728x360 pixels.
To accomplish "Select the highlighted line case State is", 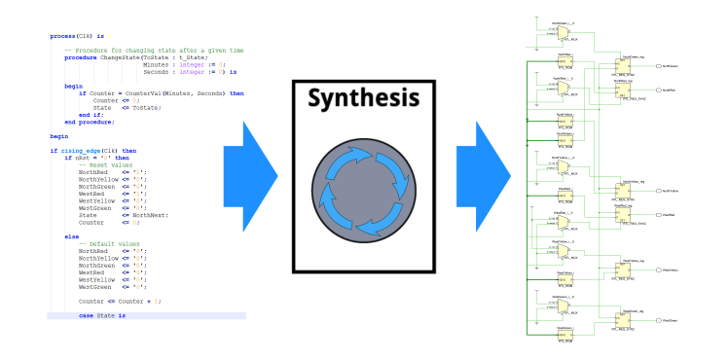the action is coord(102,315).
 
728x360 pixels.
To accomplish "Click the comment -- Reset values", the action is coord(105,165).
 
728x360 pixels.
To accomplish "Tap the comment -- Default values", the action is coord(109,243).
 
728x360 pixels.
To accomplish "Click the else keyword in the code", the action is coord(71,235).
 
